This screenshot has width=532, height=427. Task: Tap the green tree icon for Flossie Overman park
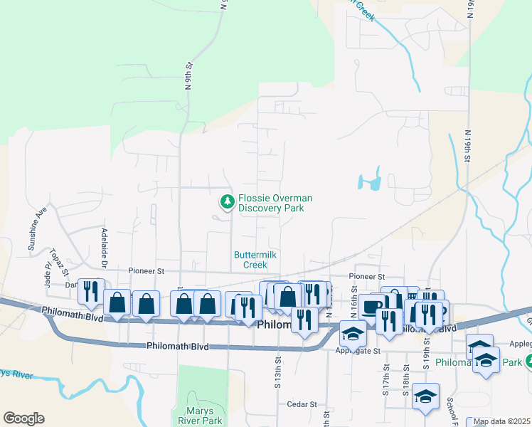point(228,202)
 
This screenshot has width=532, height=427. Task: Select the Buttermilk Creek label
point(250,260)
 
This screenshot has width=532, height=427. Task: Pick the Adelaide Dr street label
point(103,243)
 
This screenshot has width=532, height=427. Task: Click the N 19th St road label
point(469,146)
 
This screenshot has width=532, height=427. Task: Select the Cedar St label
point(302,404)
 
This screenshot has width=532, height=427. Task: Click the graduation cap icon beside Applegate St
point(352,332)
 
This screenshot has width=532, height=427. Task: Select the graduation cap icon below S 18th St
point(426,397)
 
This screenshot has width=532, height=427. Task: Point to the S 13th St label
point(276,369)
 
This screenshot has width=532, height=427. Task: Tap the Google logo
point(23,418)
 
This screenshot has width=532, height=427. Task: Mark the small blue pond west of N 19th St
point(371,181)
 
